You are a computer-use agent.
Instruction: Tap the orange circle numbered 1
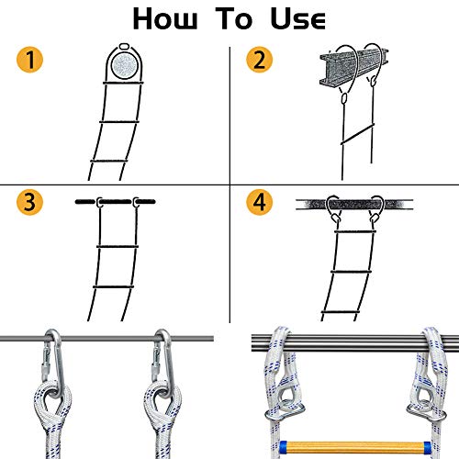[x=31, y=62]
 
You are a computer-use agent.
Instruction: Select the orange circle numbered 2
[x=259, y=62]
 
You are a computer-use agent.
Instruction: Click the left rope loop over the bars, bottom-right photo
[x=278, y=344]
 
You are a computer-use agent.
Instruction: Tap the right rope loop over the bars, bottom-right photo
[x=431, y=344]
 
